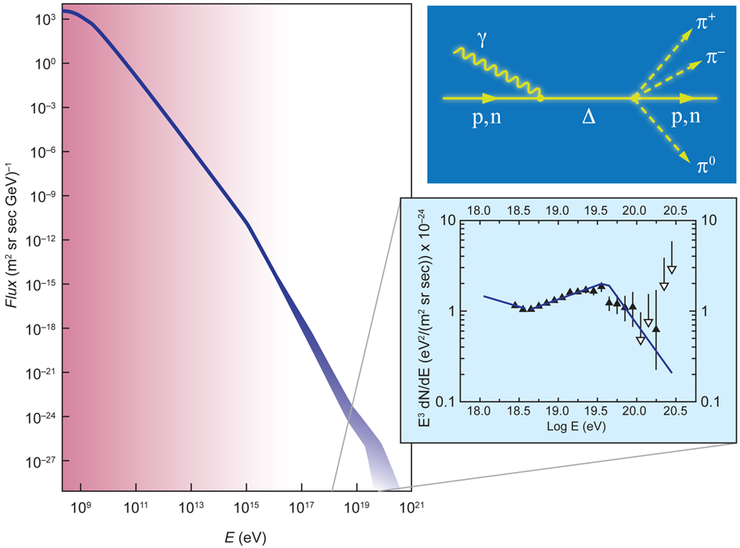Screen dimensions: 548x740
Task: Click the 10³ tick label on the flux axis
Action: (x=43, y=19)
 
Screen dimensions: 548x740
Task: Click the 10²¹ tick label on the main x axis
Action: (x=411, y=511)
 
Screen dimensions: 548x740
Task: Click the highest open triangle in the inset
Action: (x=672, y=270)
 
